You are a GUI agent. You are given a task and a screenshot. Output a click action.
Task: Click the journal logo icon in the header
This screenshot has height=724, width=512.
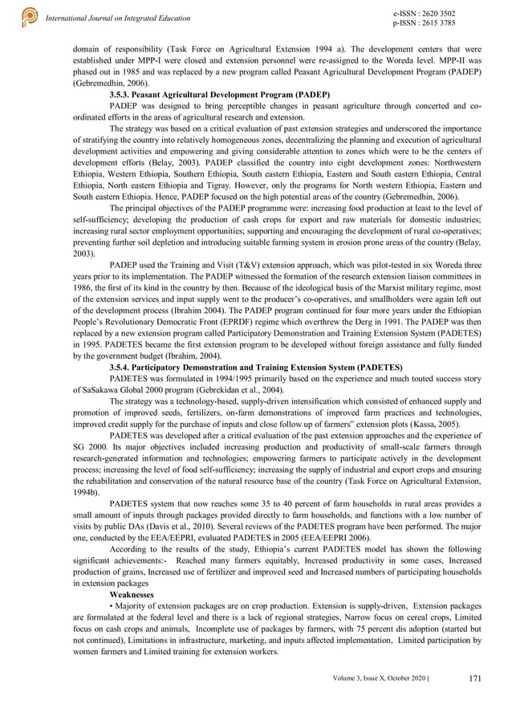click(29, 16)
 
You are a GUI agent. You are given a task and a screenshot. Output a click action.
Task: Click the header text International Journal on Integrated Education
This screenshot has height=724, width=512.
click(118, 18)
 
